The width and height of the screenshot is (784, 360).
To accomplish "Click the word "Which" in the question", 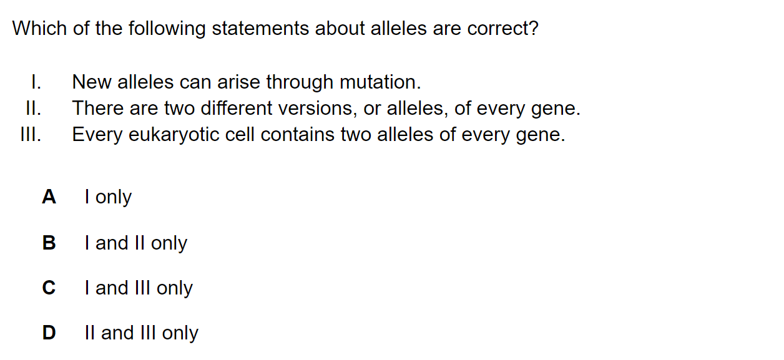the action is coord(39,28).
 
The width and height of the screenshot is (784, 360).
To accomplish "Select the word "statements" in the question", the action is coord(260,28).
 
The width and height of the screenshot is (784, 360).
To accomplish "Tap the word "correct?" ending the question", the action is coord(502,28).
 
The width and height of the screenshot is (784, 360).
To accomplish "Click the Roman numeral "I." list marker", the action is coord(36,82).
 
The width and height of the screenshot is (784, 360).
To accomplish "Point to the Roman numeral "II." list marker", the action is coord(34,108).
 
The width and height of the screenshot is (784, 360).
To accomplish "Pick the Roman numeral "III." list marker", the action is coord(31,134).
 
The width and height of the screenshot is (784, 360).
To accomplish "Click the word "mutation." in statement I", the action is coord(380,82).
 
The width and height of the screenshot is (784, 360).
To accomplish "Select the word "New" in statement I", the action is coord(92,82).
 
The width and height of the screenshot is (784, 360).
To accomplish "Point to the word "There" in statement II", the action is coord(97,108).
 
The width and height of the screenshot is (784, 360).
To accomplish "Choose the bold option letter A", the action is coord(49,197).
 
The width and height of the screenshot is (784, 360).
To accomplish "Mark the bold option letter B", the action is coord(49,243).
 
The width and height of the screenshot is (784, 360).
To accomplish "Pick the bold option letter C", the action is coord(49,288).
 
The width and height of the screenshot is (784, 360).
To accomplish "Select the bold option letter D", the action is coord(49,333).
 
